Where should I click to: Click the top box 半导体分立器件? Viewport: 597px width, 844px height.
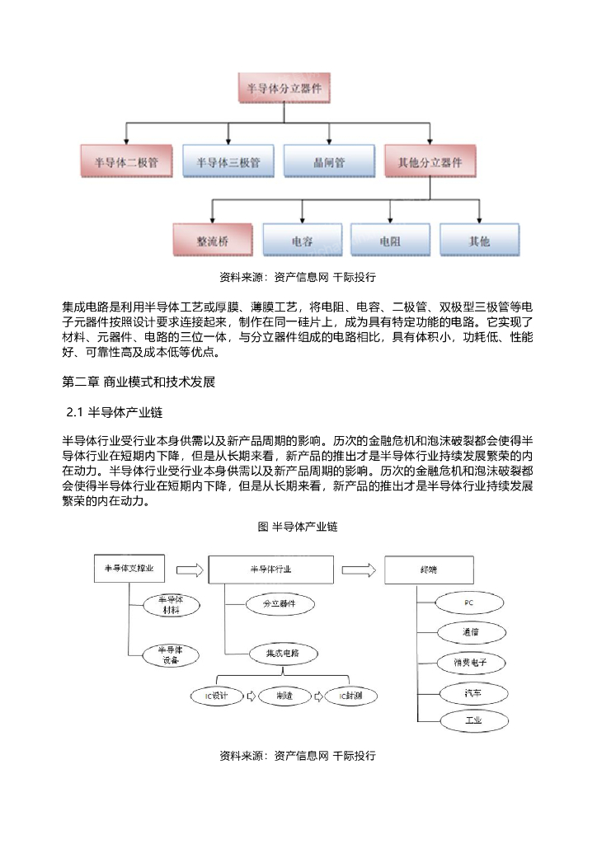pos(284,87)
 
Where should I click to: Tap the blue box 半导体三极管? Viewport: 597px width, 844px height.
pos(228,162)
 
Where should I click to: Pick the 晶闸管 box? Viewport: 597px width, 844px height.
pos(329,162)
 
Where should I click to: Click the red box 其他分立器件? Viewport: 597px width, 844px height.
pos(430,162)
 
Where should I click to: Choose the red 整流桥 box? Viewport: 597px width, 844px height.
pos(212,241)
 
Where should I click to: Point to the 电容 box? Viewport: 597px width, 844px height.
pos(302,241)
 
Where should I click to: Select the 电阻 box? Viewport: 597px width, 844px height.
pos(390,241)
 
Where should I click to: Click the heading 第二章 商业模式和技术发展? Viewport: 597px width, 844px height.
pos(138,382)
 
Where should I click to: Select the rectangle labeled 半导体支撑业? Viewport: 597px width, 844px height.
pos(129,569)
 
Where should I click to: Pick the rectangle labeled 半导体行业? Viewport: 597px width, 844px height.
pos(270,569)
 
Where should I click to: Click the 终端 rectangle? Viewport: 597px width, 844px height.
pos(429,569)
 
